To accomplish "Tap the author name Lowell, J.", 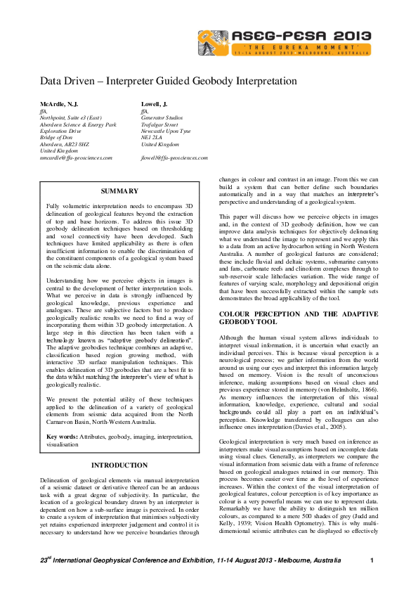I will (155, 103).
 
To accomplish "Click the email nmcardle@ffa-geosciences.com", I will (77, 158).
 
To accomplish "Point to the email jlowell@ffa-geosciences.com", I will (174, 158).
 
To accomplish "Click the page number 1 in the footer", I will (371, 560).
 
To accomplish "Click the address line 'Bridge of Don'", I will (56, 138).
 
